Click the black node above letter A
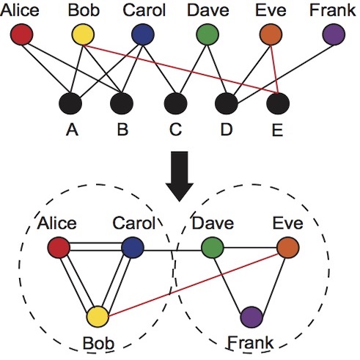tap(70, 103)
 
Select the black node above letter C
tap(176, 103)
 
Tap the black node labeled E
tap(278, 103)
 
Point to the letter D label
tap(227, 130)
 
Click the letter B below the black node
tap(122, 130)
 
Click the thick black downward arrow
tap(180, 177)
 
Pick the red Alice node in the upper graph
tap(21, 34)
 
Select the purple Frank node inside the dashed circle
tap(251, 317)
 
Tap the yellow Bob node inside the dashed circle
tap(98, 317)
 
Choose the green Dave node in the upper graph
tap(207, 34)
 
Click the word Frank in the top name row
tap(332, 10)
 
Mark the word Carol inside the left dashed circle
tap(134, 223)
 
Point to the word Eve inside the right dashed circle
tap(288, 223)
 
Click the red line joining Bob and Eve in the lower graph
tap(193, 285)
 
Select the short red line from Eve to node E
tap(274, 70)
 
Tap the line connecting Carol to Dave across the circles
tap(172, 250)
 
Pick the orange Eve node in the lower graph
tap(288, 248)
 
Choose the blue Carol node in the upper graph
tap(143, 34)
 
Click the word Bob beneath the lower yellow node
tap(98, 343)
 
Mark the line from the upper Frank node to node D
tap(286, 74)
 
